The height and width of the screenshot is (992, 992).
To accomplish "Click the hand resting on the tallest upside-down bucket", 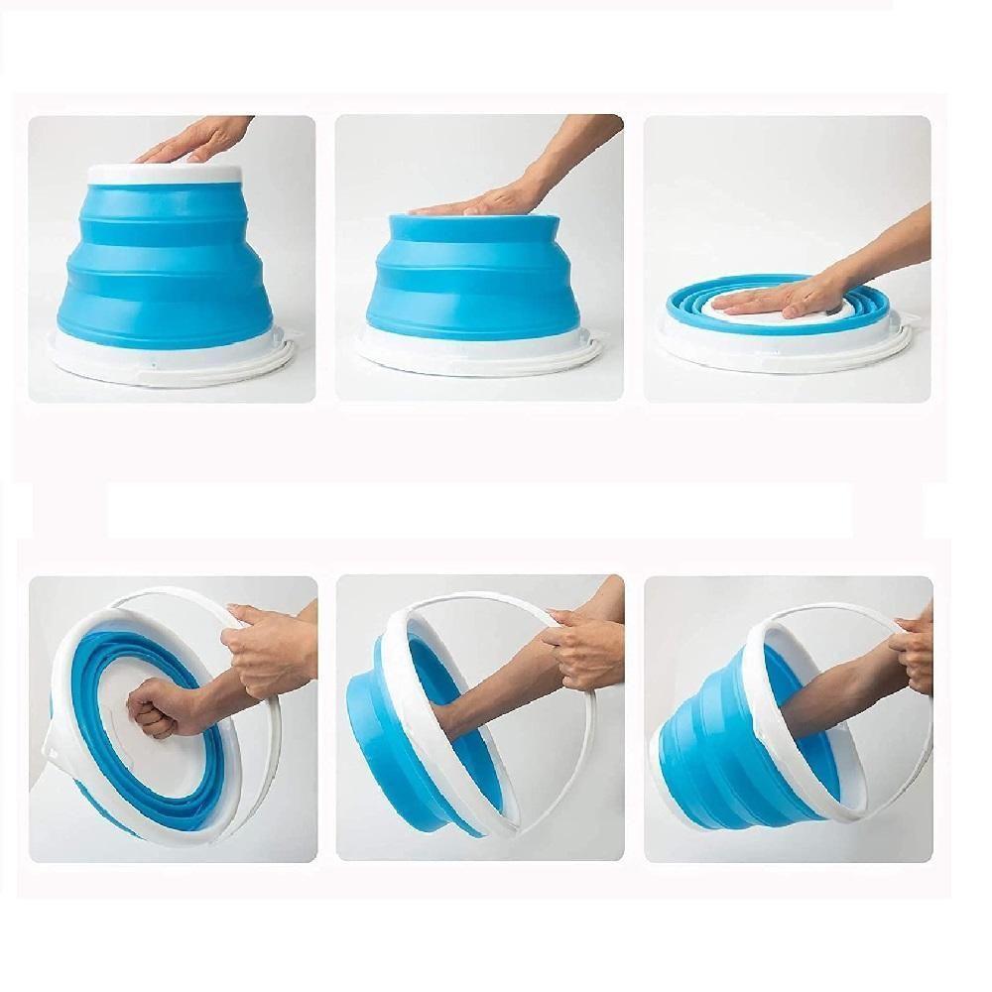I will click(x=198, y=139).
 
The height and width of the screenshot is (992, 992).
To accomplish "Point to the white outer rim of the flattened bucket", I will click(x=694, y=347).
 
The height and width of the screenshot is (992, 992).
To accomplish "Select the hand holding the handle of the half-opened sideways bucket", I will click(x=585, y=645).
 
